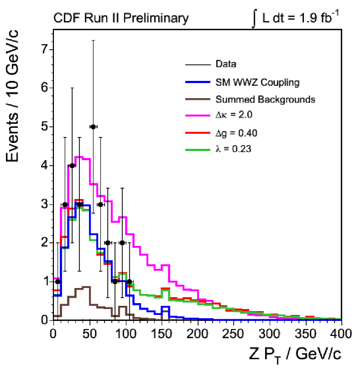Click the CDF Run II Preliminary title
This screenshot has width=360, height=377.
(x=121, y=19)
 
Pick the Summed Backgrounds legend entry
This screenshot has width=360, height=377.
(x=265, y=99)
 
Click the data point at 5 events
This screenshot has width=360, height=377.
(x=93, y=127)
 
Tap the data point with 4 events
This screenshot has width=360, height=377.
(x=72, y=166)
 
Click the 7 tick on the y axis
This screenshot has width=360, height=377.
(x=45, y=50)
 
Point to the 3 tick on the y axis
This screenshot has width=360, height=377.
(x=45, y=204)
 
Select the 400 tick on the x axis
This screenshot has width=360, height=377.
(x=341, y=330)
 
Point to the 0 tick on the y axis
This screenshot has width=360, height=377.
(x=45, y=320)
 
